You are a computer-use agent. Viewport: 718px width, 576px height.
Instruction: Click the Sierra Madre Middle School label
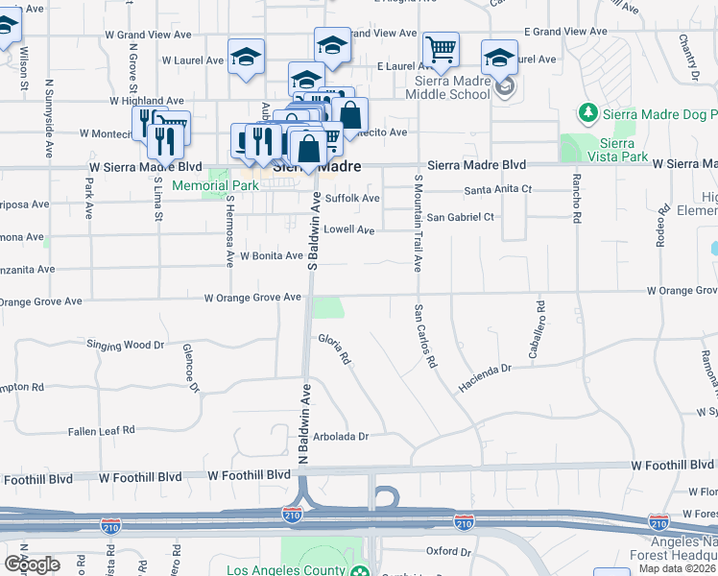pos(447,87)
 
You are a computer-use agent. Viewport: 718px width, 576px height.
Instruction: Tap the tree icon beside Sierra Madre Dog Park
pos(587,115)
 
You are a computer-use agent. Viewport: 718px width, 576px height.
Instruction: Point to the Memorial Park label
pos(202,185)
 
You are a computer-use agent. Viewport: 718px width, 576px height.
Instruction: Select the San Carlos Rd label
pos(425,337)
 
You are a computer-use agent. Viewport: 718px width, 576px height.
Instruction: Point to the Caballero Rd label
pos(541,320)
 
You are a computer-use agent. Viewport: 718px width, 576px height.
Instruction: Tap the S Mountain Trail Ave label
pos(418,223)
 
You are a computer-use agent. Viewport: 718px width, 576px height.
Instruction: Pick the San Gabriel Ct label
pos(461,217)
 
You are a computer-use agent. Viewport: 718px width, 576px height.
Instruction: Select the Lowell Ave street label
pos(348,230)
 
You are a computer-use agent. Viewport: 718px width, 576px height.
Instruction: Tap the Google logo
pos(32,564)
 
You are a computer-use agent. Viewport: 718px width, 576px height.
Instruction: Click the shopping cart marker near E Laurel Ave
pos(441,49)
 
